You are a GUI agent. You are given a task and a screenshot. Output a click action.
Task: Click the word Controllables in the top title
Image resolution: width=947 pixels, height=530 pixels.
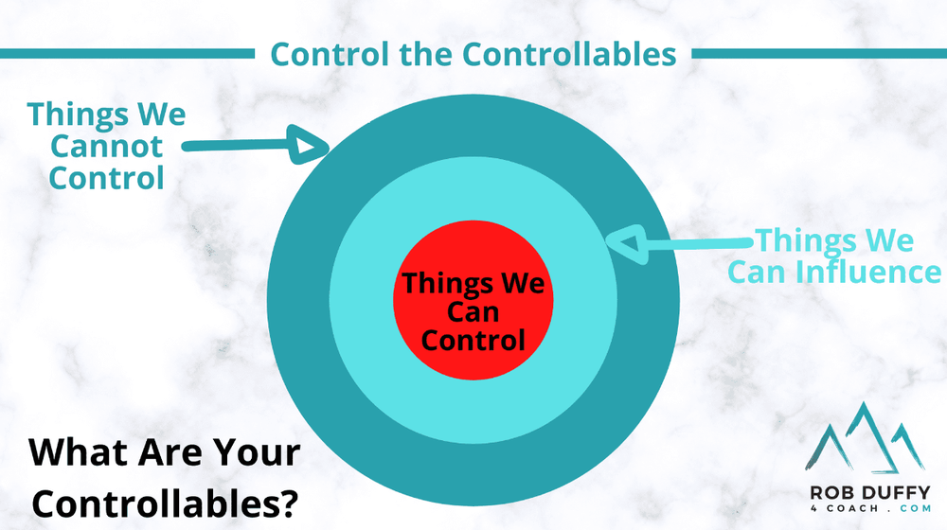[x=568, y=54]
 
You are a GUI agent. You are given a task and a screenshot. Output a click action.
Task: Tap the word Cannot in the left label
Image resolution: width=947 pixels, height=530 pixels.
[x=107, y=147]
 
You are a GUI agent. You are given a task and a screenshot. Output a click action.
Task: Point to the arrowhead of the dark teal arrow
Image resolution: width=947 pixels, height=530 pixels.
[x=307, y=147]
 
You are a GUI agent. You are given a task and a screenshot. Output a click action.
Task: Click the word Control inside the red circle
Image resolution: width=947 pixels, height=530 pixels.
[x=473, y=339]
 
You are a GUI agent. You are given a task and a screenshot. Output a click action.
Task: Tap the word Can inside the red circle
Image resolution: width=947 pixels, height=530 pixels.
[x=473, y=310]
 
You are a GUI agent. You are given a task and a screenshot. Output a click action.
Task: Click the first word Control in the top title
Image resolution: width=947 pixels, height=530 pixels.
[x=318, y=54]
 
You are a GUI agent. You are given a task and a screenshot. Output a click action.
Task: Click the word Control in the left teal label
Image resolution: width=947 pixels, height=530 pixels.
[x=107, y=177]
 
